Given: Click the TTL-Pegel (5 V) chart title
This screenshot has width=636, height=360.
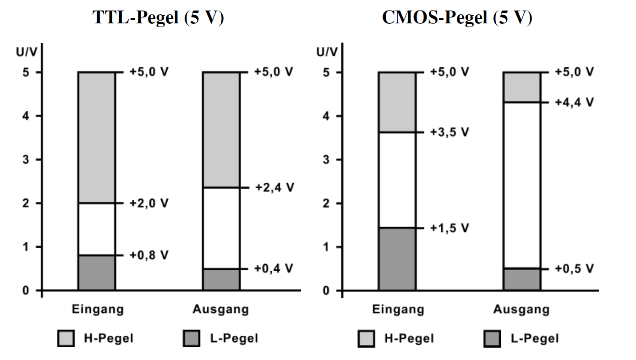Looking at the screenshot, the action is [x=158, y=17].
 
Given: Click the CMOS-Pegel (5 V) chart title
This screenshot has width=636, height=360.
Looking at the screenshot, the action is [x=457, y=17].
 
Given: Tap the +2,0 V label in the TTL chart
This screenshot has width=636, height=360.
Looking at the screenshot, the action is [x=149, y=203].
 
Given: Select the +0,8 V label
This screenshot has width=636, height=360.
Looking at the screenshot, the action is [x=149, y=255].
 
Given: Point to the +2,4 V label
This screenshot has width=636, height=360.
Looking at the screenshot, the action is [x=274, y=188].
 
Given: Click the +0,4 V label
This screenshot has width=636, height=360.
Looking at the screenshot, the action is [x=274, y=268].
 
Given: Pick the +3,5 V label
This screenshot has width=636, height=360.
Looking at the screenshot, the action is [x=450, y=132].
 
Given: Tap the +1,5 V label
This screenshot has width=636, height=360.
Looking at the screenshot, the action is [x=450, y=228].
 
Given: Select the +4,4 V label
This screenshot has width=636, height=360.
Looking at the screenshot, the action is [x=575, y=102].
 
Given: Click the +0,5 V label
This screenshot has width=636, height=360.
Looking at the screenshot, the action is [x=575, y=268].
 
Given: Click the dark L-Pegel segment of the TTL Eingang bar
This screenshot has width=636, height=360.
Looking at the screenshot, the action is [x=97, y=273].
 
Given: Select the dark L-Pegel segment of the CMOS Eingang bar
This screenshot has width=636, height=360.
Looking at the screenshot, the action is [x=397, y=259].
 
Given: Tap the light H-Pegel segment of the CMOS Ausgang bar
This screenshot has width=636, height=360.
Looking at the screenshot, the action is [x=522, y=87].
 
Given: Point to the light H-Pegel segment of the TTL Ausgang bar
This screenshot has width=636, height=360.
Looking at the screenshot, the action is [x=221, y=130].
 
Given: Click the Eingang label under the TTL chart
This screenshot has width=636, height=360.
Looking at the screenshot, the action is [x=98, y=309].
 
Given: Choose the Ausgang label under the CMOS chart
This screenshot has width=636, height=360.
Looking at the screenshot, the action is [x=521, y=309].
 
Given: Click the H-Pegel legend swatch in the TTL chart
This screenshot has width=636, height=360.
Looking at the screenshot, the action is [x=66, y=338].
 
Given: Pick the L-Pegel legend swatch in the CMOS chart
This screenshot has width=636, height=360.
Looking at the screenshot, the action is [x=492, y=338].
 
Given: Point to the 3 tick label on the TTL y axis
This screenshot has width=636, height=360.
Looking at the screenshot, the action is [x=26, y=159].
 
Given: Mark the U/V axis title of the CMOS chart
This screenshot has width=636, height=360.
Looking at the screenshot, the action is [x=327, y=52].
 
